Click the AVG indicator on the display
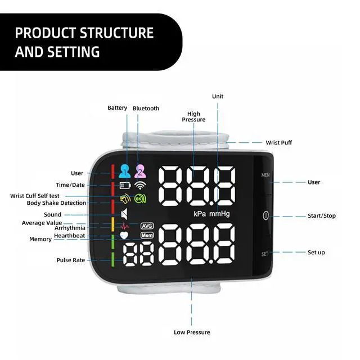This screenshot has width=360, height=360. click(147, 226)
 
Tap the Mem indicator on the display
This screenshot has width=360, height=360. click(147, 235)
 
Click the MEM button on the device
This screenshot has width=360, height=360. click(265, 175)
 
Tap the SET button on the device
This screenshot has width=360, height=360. click(265, 254)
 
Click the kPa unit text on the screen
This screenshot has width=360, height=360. click(200, 214)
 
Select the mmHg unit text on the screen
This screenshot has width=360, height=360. click(219, 214)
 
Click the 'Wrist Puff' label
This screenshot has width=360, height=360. click(279, 143)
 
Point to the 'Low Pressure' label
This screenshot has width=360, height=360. click(191, 332)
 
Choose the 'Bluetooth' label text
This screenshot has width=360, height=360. click(146, 108)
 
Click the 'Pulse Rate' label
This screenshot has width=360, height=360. click(71, 260)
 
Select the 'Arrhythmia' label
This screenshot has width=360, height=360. click(70, 228)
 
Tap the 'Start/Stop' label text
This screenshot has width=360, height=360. click(322, 216)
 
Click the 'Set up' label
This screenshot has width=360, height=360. click(316, 253)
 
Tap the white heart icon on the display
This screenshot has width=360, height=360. click(125, 235)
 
